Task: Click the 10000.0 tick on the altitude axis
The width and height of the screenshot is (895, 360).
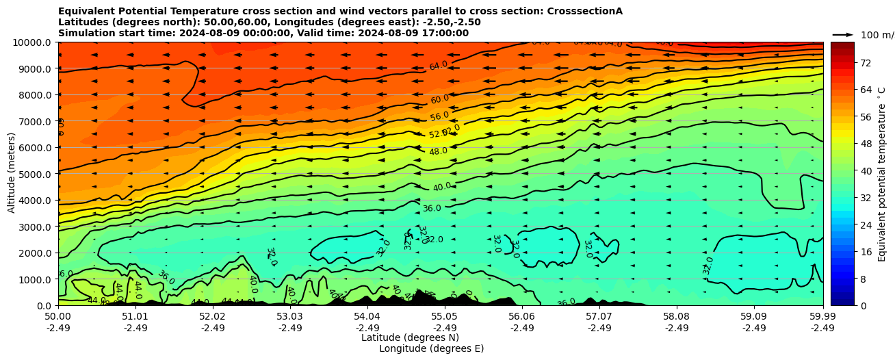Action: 33,42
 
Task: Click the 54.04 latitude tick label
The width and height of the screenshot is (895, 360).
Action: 367,317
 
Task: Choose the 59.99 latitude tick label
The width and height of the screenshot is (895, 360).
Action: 822,317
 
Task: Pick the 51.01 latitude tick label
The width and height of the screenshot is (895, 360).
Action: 135,317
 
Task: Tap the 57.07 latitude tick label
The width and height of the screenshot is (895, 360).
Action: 599,317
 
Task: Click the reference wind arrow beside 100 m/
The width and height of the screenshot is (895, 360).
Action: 843,34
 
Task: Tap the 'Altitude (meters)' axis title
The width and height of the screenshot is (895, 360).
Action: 12,174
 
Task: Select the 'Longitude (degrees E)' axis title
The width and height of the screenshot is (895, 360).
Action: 432,348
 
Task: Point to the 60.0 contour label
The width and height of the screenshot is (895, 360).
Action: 440,99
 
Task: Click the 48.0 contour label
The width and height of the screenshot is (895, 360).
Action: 438,151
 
